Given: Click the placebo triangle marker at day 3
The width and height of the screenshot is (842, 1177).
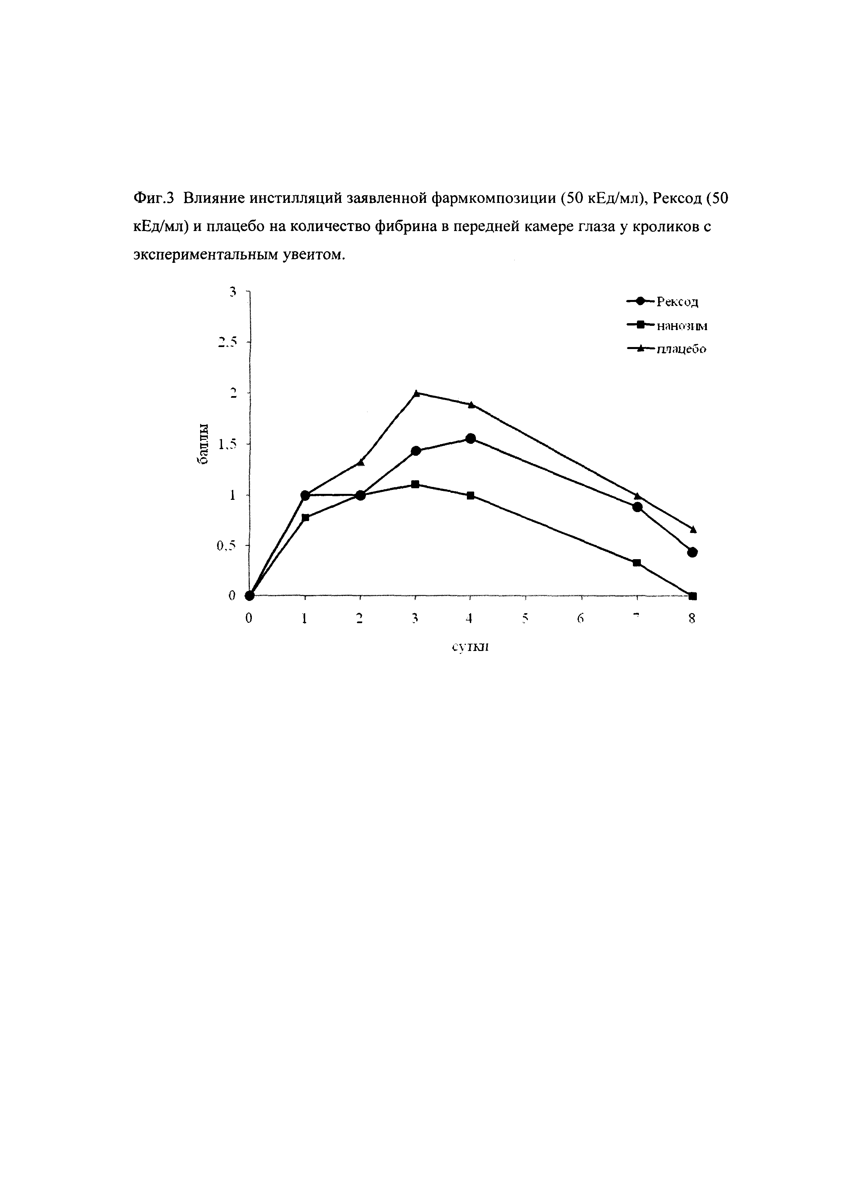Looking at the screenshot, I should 416,393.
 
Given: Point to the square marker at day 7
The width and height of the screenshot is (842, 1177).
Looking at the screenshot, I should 637,562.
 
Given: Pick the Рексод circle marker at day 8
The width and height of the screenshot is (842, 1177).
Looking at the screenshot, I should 693,552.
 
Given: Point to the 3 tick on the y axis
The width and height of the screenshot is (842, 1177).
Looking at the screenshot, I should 233,292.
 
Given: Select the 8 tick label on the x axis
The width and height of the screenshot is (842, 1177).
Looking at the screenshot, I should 692,618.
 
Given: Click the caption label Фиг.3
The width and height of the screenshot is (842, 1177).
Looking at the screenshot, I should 155,199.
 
